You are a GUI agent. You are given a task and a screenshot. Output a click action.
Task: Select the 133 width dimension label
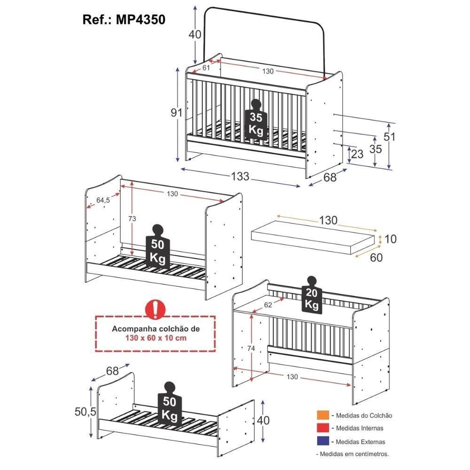(x=240, y=177)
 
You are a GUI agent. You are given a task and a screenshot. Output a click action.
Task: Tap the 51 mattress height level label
(x=390, y=137)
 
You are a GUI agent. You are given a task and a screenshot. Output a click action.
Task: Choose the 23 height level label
(x=357, y=154)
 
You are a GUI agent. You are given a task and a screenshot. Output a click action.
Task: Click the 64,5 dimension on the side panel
(x=103, y=200)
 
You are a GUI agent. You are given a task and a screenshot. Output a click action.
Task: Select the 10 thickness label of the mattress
(x=390, y=239)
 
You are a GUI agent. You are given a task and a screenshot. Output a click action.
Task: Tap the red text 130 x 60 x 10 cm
(x=156, y=338)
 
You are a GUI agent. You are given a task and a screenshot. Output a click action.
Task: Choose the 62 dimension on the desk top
(x=268, y=305)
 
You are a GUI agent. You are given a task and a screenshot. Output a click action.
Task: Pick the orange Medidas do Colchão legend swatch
(x=323, y=415)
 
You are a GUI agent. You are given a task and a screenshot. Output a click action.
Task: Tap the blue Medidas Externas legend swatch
(x=323, y=442)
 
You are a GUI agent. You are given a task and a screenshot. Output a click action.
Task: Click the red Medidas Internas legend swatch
(x=323, y=428)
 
